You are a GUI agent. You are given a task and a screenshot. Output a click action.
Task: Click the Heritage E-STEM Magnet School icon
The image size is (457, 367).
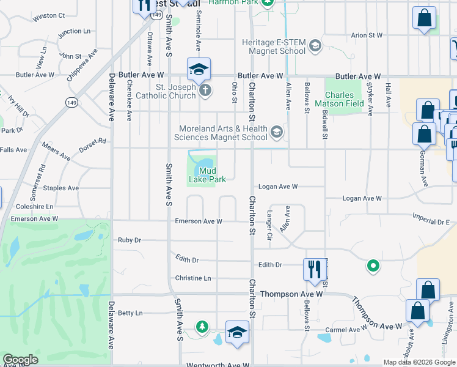coord(315,46)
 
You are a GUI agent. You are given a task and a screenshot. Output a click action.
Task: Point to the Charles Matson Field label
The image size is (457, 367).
coord(339,100)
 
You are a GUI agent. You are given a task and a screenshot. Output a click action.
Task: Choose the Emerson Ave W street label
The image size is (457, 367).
coord(198,221)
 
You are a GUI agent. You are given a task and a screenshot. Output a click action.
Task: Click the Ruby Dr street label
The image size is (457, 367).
coord(130,240)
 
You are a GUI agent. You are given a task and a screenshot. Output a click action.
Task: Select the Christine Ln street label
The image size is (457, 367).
coord(193,278)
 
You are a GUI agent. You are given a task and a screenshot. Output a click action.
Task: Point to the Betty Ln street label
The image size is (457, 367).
coord(130,313)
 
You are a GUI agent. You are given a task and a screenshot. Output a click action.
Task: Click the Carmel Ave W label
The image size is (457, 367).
coord(346,329)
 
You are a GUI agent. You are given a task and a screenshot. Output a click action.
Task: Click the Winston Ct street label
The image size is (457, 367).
coord(49,15)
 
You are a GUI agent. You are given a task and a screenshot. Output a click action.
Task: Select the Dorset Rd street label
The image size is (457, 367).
coord(93,144)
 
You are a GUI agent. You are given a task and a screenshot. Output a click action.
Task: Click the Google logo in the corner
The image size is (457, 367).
coord(20,360)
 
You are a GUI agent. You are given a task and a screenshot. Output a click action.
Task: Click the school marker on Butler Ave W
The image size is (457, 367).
coord(199,72)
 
